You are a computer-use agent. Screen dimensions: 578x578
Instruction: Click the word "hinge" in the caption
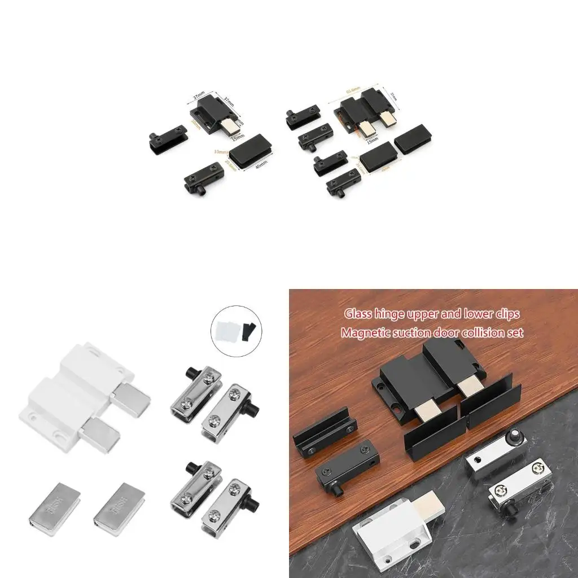[x=393, y=314]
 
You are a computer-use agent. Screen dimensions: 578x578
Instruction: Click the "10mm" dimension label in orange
[x=221, y=152]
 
